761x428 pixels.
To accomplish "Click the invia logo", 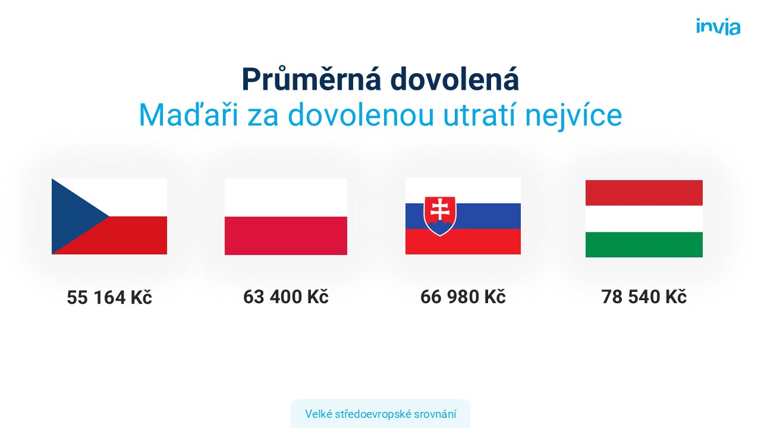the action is (718, 27).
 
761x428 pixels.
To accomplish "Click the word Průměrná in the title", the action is (312, 79).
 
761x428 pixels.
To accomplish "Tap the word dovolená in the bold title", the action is (455, 79).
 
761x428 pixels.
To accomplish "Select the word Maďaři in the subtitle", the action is (188, 115).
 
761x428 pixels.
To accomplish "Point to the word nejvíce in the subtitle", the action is (574, 115).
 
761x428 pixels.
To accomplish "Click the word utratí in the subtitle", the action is (479, 115).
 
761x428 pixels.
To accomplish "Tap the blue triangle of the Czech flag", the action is (73, 216).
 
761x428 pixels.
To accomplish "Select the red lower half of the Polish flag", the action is (286, 236).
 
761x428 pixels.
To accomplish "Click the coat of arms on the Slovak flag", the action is (440, 216).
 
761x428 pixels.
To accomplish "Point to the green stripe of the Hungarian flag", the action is (644, 244).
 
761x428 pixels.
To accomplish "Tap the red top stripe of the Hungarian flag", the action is (644, 193).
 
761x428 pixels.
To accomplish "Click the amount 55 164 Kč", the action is (109, 297).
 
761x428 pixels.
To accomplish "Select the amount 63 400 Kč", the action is (286, 297).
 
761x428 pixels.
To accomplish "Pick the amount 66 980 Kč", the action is (463, 297).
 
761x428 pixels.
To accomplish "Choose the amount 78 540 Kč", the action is (644, 297).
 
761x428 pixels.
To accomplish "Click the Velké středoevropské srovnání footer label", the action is (380, 414).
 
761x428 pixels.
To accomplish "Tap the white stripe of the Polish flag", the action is (286, 198).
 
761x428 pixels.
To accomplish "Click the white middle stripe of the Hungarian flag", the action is (644, 219).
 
